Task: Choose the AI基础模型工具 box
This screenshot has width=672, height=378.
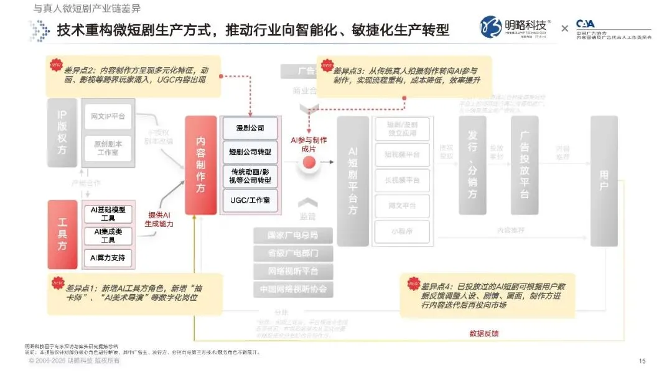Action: [108, 213]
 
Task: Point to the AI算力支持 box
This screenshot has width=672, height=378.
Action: [108, 257]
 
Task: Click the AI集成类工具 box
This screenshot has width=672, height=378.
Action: [108, 236]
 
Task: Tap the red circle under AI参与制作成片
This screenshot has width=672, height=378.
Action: [309, 164]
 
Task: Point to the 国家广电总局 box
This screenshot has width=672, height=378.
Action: [292, 236]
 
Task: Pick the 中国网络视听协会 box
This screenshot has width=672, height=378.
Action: [292, 289]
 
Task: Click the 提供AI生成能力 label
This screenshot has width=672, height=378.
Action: [159, 218]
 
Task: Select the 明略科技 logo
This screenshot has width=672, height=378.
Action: [516, 27]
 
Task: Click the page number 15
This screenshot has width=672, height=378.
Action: [642, 361]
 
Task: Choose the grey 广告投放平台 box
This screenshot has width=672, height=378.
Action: [524, 165]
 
